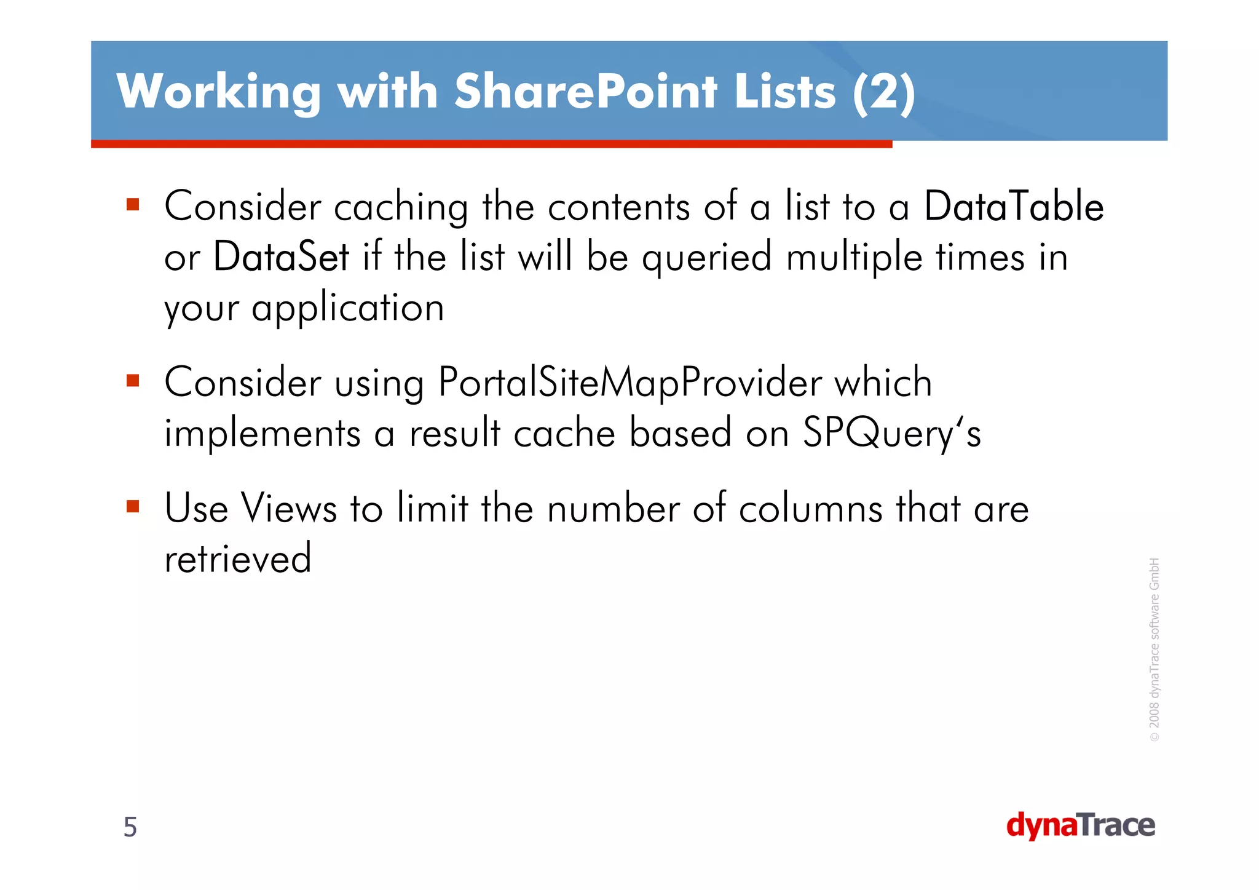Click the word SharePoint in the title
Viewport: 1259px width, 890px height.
pyautogui.click(x=585, y=92)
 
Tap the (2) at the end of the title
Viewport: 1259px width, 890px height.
pyautogui.click(x=884, y=92)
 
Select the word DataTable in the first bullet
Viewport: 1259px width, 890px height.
pyautogui.click(x=1014, y=207)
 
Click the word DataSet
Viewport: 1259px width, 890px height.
pyautogui.click(x=281, y=257)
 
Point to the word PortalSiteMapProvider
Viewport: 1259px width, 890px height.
pyautogui.click(x=629, y=383)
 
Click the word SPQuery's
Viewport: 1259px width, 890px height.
pyautogui.click(x=892, y=433)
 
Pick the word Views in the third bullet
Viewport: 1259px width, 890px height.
pyautogui.click(x=289, y=509)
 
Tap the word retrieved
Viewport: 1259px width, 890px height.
pyautogui.click(x=238, y=558)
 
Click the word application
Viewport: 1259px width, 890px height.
pyautogui.click(x=347, y=308)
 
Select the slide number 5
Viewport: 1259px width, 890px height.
pyautogui.click(x=130, y=827)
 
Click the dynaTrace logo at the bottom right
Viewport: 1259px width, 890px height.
pyautogui.click(x=1080, y=825)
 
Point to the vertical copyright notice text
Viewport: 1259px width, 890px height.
pyautogui.click(x=1154, y=649)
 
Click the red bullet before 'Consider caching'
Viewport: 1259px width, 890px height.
pyautogui.click(x=133, y=204)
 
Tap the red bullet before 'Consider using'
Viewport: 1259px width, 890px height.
pyautogui.click(x=133, y=380)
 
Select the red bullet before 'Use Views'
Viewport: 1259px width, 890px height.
pyautogui.click(x=133, y=507)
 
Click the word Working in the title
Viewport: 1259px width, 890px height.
pyautogui.click(x=219, y=92)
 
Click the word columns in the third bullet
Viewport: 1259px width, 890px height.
pyautogui.click(x=810, y=509)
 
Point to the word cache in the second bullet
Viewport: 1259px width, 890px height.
pyautogui.click(x=564, y=433)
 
